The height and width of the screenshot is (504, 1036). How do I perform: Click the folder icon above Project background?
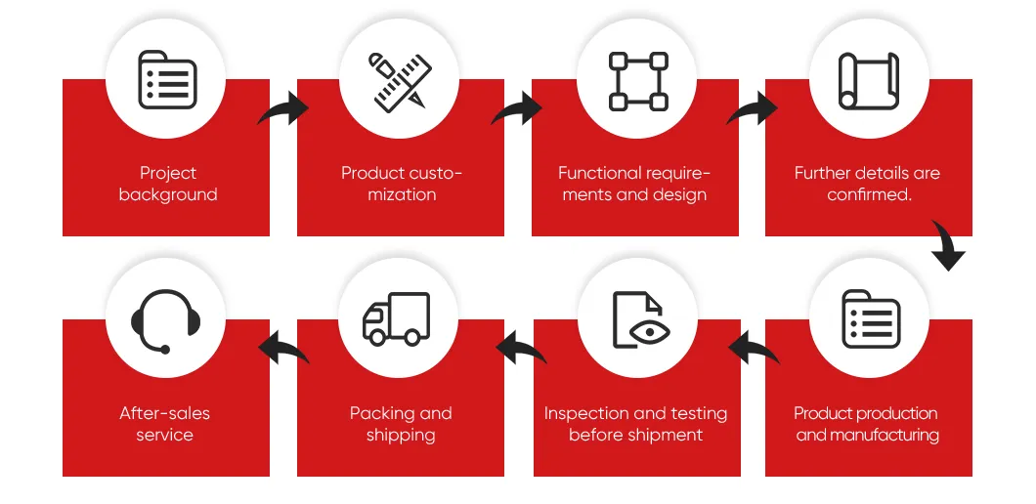167,80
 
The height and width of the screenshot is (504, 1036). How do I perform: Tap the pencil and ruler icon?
400,81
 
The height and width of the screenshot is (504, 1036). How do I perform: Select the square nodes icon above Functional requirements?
637,81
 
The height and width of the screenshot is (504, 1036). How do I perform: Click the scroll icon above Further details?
868,81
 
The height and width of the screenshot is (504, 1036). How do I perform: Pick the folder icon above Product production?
871,319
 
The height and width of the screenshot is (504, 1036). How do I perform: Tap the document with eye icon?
641,319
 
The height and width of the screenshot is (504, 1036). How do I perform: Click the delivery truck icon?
397,318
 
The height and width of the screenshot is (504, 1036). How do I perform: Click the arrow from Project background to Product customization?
284,109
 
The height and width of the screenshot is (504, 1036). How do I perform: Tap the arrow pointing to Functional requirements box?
517,109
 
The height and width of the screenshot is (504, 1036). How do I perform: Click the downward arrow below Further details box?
949,243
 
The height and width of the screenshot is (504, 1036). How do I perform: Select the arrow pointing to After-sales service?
282,348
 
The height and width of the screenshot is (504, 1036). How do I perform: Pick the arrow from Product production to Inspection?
754,348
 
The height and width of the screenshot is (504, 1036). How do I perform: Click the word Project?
168,174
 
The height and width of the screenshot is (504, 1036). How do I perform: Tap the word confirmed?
870,195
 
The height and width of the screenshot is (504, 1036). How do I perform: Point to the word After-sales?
164,413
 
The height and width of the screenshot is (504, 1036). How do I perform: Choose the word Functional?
600,173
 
